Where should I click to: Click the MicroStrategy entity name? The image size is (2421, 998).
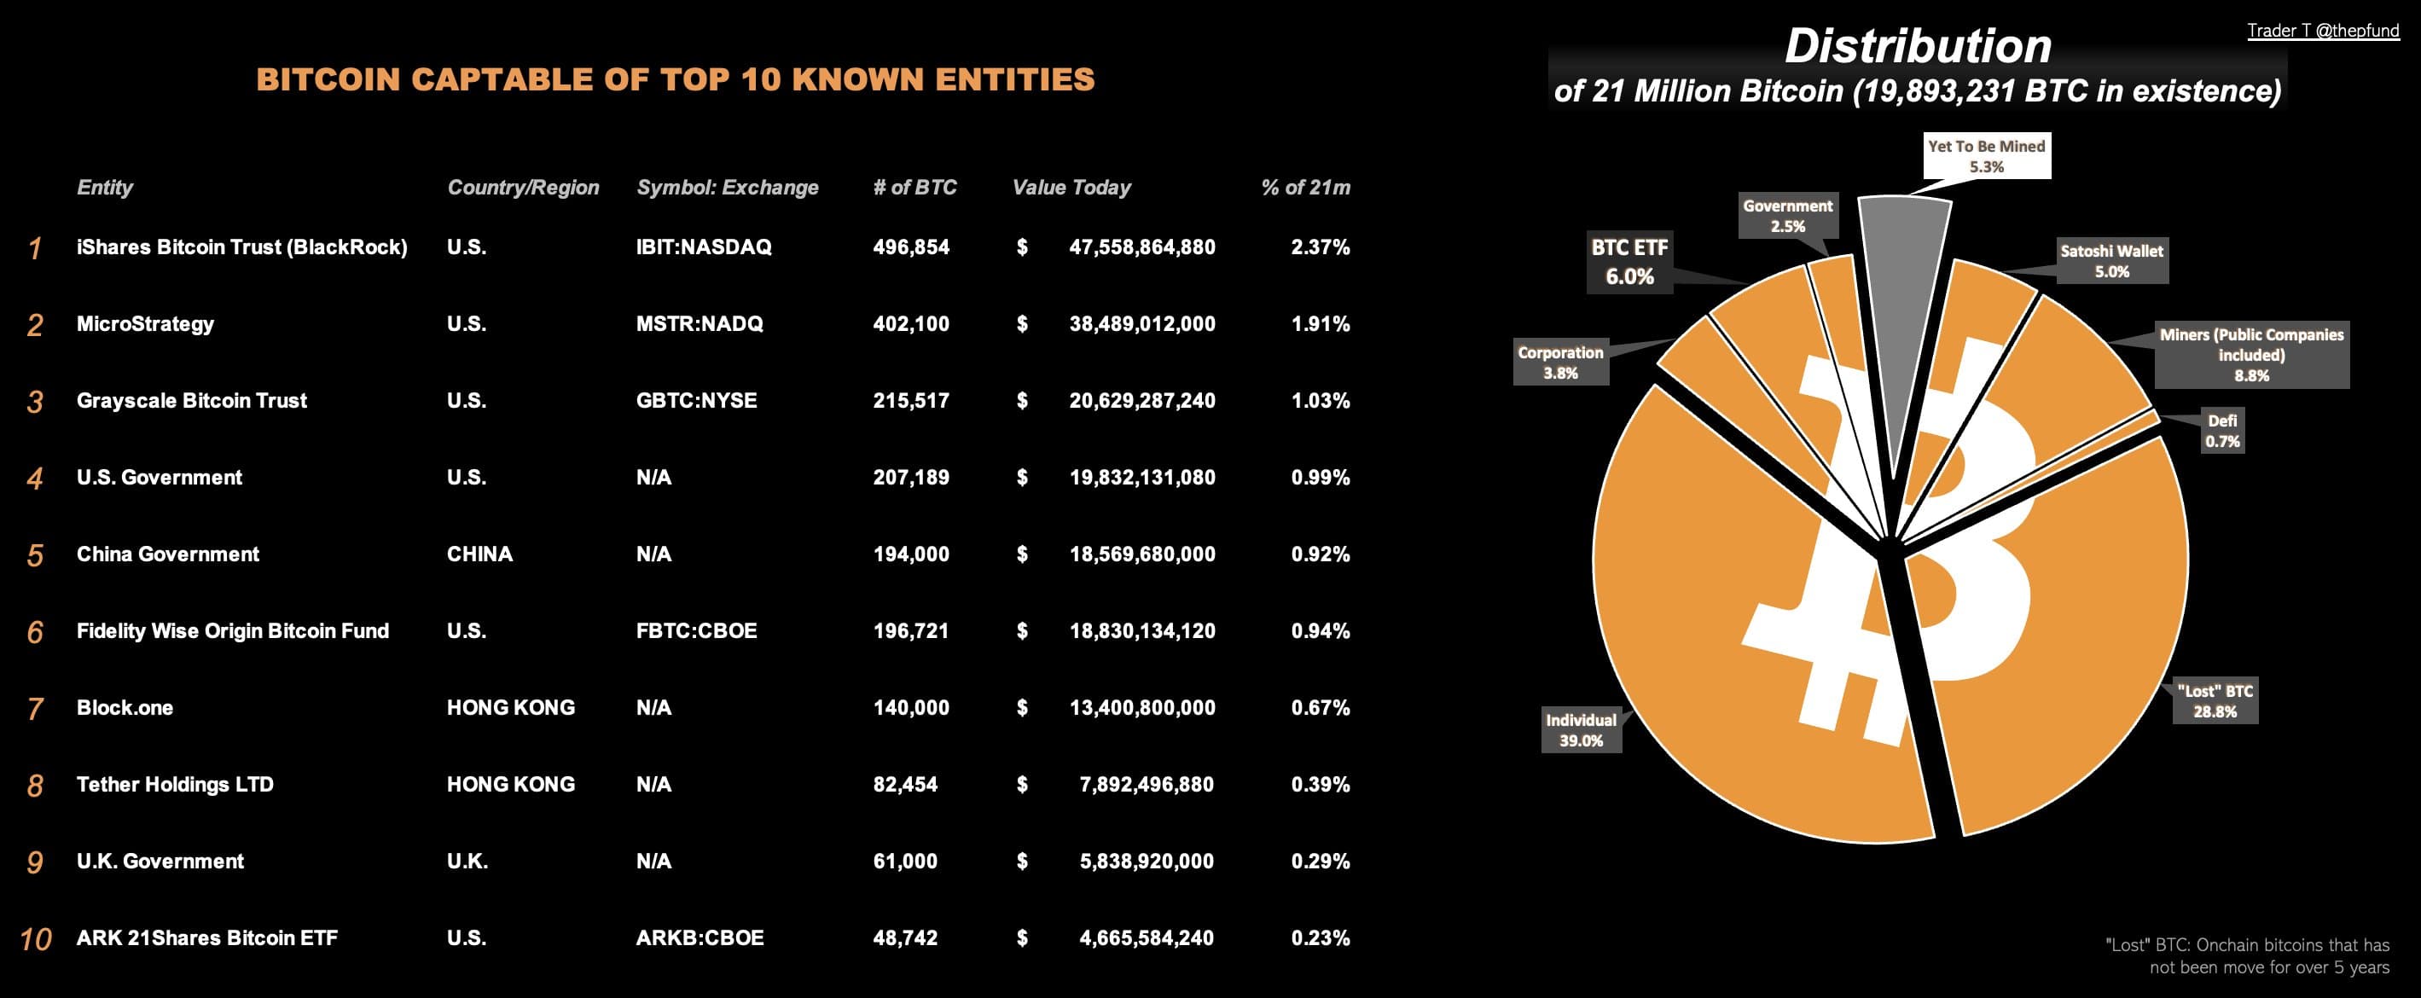click(x=145, y=324)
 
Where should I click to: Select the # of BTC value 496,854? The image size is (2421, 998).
click(x=911, y=247)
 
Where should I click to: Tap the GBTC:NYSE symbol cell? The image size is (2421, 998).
click(x=696, y=400)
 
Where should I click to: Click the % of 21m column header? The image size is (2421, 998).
click(x=1305, y=187)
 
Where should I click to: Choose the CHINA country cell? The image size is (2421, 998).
click(x=479, y=554)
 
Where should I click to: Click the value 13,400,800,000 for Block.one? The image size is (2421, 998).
click(x=1142, y=708)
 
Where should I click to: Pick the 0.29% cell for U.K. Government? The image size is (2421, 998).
click(x=1321, y=862)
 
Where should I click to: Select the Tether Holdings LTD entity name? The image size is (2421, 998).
click(x=175, y=785)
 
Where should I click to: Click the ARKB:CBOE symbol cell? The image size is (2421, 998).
click(x=700, y=937)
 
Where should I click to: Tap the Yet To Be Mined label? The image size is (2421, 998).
click(x=1986, y=156)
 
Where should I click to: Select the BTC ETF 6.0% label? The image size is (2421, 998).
click(x=1629, y=262)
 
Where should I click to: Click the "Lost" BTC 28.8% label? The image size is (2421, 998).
click(x=2215, y=701)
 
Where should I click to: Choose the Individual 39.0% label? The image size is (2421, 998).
click(x=1581, y=730)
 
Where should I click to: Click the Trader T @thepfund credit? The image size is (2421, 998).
click(x=2322, y=30)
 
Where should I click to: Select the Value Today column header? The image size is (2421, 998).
click(x=1071, y=187)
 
